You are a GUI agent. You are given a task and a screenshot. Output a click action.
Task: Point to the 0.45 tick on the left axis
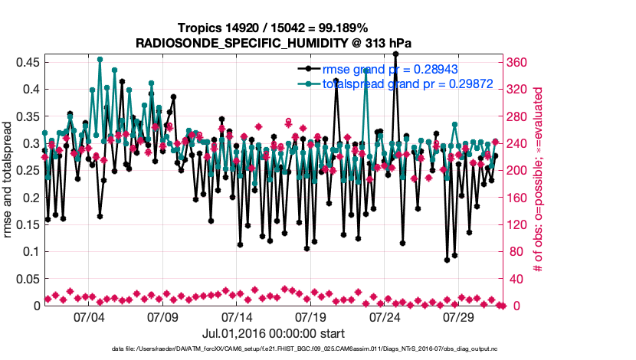pos(28,62)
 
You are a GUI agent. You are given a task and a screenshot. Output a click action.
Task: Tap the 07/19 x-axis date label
pos(311,317)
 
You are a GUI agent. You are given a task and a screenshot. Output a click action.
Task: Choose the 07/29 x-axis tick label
pos(461,317)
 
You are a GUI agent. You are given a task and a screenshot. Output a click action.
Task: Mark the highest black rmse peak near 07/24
pos(395,54)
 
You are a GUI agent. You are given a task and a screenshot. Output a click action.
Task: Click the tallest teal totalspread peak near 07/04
pos(100,58)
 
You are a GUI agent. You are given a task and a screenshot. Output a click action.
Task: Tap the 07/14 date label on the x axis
pos(237,317)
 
